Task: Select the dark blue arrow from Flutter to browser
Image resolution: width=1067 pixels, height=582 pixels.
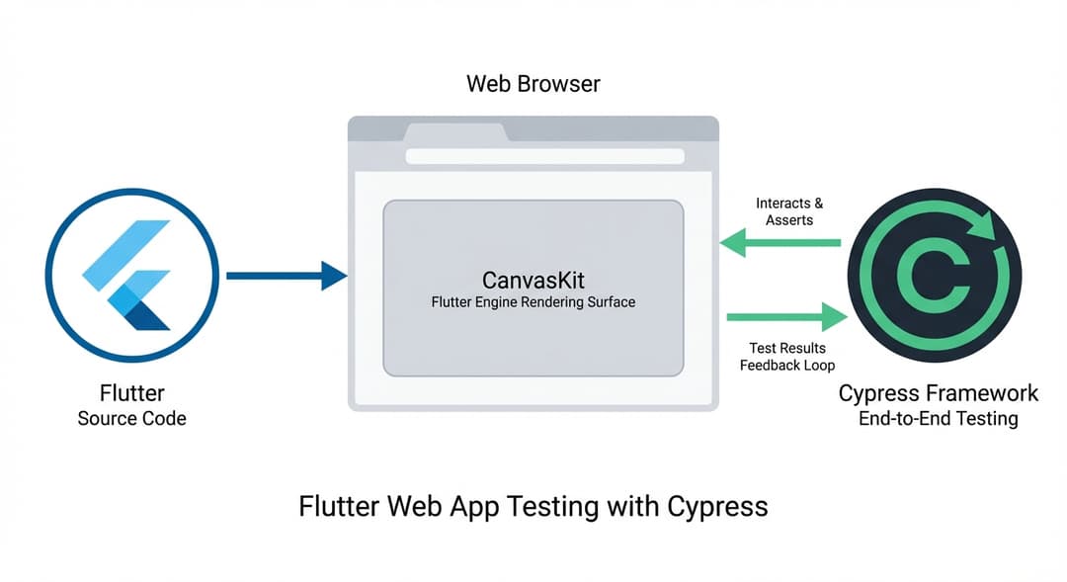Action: (287, 276)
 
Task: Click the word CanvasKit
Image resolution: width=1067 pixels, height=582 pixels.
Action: (533, 279)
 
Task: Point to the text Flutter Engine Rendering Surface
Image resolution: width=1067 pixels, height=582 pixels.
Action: (533, 302)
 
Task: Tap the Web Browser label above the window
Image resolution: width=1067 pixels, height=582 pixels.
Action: (533, 83)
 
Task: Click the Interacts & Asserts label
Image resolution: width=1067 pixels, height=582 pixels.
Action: (789, 211)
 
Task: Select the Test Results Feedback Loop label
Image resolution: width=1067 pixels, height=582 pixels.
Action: (787, 357)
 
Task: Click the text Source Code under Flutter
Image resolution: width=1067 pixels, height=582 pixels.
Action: (131, 418)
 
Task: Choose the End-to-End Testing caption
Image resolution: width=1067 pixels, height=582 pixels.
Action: (938, 419)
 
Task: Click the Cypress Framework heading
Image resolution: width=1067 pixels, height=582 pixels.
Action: (938, 393)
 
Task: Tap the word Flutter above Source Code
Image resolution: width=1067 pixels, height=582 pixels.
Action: (131, 393)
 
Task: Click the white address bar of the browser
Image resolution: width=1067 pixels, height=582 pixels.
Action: (544, 156)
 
